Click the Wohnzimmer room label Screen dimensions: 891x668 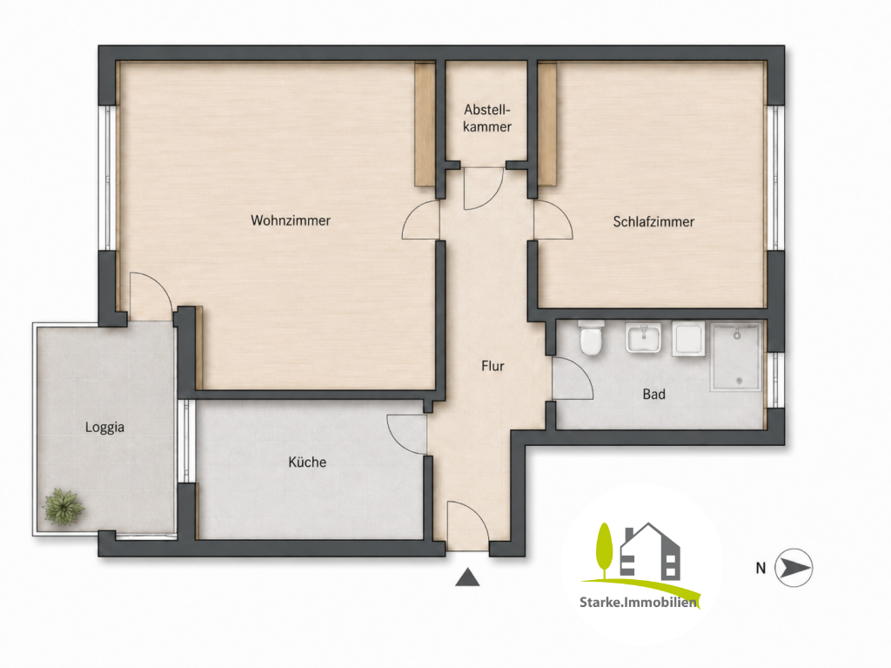pos(291,220)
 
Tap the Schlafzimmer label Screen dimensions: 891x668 pos(653,222)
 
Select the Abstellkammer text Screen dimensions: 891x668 pos(487,118)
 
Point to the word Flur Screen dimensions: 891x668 pos(492,366)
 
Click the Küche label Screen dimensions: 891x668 pos(307,462)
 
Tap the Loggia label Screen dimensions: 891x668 pos(104,428)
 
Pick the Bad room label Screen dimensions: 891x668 pos(654,394)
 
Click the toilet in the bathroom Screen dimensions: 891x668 pos(591,338)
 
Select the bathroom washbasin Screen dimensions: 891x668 pos(643,338)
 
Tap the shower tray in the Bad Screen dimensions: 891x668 pos(736,357)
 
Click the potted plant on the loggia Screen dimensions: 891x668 pos(64,506)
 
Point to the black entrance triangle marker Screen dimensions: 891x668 pos(467,577)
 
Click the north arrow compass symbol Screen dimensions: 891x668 pos(794,567)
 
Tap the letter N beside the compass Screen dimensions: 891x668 pos(760,568)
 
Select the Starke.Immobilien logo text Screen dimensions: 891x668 pos(638,602)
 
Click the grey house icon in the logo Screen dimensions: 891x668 pos(649,550)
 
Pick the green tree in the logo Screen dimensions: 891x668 pos(605,549)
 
